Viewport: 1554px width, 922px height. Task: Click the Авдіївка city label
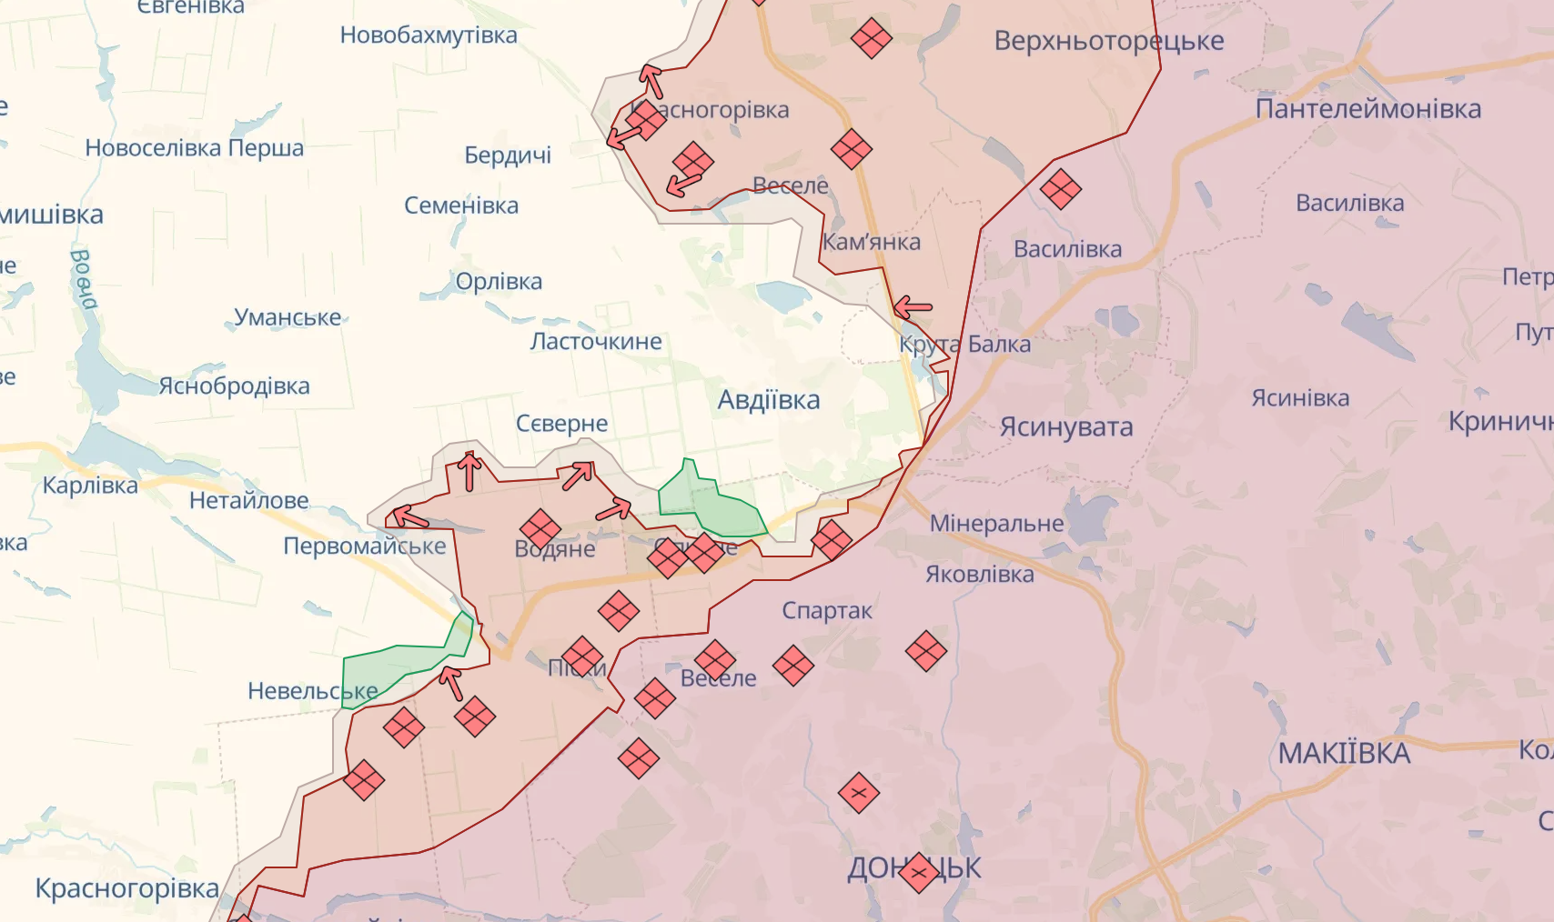pos(768,400)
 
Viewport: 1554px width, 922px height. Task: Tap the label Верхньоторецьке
pos(1108,41)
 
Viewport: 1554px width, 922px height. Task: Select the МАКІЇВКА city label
pos(1343,753)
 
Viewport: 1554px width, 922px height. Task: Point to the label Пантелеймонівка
pos(1367,109)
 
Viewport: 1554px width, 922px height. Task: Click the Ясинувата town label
pos(1065,426)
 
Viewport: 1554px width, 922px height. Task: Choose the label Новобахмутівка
pos(429,35)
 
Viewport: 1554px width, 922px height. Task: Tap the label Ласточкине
pos(596,342)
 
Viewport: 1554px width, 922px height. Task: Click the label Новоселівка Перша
pos(194,148)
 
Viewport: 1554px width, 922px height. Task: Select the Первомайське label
pos(364,546)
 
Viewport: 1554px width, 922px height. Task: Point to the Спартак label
pos(826,611)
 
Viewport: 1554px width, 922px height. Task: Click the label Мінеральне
pos(996,524)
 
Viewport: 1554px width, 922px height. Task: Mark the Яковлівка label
pos(979,575)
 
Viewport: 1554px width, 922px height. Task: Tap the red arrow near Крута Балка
pos(913,308)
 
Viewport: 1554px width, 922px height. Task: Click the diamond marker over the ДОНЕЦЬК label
pos(918,873)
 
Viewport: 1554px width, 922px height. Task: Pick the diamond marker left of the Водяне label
pos(540,529)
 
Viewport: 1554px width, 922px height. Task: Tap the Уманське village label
pos(288,317)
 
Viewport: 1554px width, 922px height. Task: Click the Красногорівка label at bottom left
pos(126,888)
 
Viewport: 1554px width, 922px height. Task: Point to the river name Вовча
pos(83,279)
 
